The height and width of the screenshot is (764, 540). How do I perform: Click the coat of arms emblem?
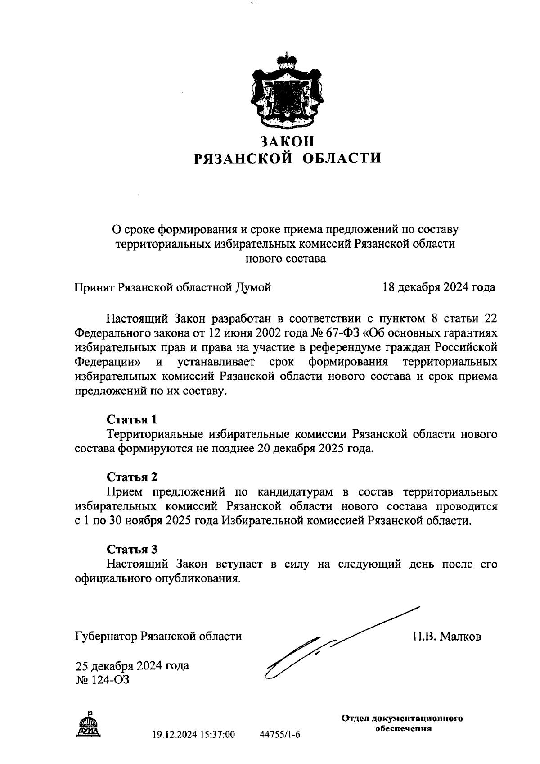point(287,92)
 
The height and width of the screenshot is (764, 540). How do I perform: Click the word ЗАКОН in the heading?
point(287,141)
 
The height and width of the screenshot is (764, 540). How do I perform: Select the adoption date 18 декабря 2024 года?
point(438,287)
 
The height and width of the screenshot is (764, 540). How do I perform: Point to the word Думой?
point(253,287)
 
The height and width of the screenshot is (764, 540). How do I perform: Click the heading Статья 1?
point(131,420)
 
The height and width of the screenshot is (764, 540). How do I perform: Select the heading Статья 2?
point(131,477)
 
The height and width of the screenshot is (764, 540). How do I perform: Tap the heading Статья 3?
point(131,549)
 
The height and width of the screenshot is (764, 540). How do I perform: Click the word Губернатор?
point(106,637)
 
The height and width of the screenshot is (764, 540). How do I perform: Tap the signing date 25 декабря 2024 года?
point(132,666)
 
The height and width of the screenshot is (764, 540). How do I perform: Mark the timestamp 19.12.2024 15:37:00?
point(193,735)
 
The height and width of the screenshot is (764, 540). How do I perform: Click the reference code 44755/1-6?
point(280,735)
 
